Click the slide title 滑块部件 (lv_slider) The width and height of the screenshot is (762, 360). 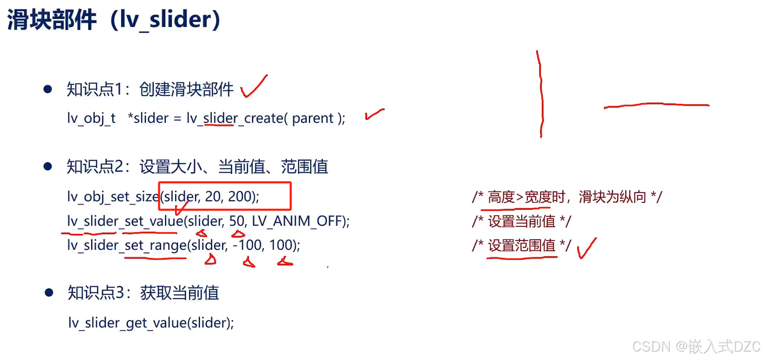click(114, 19)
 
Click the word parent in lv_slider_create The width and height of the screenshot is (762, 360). click(313, 118)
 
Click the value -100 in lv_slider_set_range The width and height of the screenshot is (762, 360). click(247, 245)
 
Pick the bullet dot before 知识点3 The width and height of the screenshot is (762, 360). click(49, 292)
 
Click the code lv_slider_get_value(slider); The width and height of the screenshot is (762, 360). click(151, 323)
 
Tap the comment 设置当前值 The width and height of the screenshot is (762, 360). click(522, 221)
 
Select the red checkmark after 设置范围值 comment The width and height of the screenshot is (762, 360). click(586, 248)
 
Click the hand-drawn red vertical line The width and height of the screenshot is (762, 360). click(540, 94)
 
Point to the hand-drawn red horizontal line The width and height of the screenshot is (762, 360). click(656, 105)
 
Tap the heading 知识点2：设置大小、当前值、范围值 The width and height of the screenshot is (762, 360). click(197, 167)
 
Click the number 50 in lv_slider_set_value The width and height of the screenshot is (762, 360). click(237, 221)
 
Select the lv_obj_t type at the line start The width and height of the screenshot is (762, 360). click(91, 118)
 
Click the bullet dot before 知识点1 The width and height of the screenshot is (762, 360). click(48, 89)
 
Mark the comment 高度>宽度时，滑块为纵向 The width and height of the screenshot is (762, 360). click(567, 197)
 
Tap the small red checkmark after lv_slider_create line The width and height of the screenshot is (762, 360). click(374, 114)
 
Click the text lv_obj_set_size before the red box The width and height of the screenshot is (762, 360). click(113, 196)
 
